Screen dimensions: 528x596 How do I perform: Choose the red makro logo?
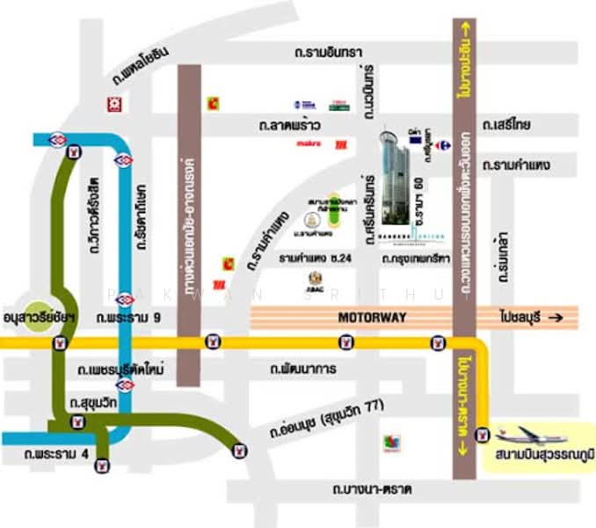coord(308,143)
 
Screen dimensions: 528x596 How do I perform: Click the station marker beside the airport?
coord(481,434)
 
